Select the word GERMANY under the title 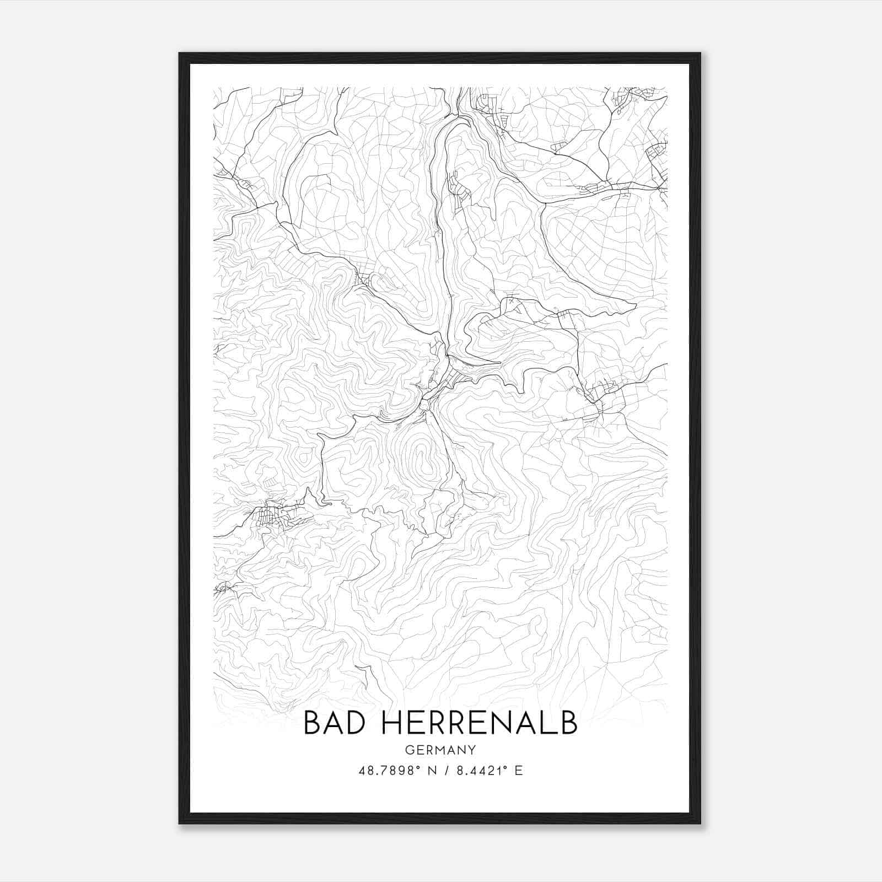coord(440,750)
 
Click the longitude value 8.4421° coord(481,771)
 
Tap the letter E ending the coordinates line coord(518,771)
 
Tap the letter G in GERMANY coord(408,750)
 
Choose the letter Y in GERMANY coord(472,750)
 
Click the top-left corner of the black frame coord(180,54)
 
